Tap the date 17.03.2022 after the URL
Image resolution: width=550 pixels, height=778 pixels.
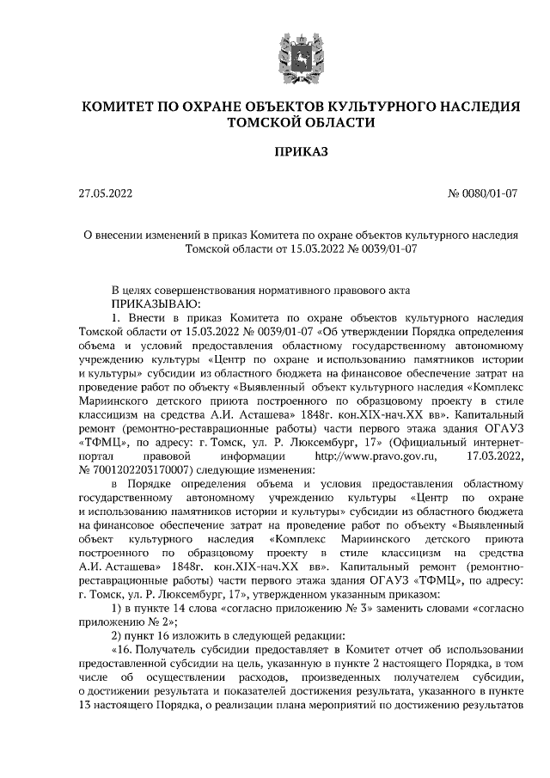point(493,455)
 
